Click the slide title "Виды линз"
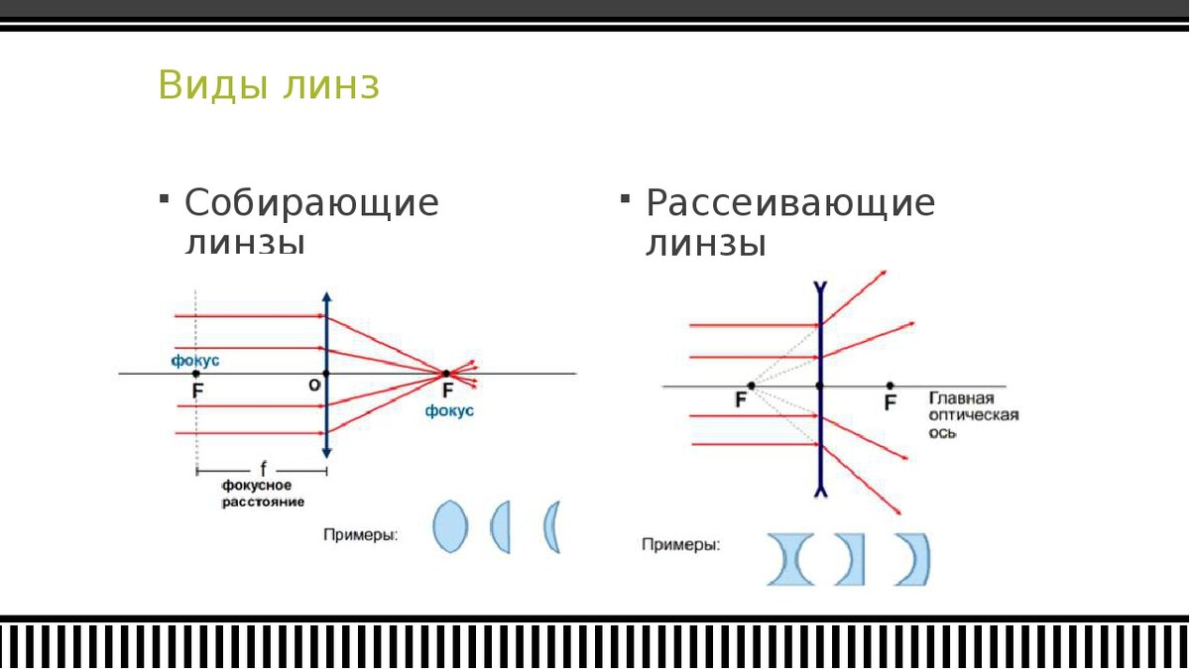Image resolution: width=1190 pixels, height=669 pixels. tap(268, 85)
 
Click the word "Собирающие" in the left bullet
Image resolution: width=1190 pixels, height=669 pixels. tap(311, 203)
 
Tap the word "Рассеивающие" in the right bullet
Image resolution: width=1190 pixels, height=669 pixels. tap(790, 203)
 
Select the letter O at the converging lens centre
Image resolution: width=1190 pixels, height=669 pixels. tap(313, 386)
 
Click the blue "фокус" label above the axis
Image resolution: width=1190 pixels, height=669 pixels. tap(195, 360)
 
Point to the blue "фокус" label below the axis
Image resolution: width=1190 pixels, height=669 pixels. tap(449, 410)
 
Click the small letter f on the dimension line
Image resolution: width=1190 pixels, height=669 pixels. tap(263, 465)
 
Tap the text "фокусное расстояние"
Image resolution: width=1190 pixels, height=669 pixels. tap(257, 494)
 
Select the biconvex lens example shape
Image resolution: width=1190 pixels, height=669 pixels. tap(449, 526)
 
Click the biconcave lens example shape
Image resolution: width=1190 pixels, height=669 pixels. tap(790, 560)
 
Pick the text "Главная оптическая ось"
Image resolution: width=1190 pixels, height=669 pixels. tap(972, 415)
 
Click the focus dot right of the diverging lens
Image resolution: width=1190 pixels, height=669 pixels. tap(890, 385)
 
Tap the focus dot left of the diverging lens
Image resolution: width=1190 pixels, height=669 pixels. tap(751, 385)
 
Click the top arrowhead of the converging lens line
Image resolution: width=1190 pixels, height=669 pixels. tap(326, 297)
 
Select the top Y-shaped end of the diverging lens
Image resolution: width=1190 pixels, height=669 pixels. tap(819, 290)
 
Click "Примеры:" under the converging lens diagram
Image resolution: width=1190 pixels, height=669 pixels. tap(361, 535)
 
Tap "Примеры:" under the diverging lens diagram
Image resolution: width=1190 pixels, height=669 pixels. tap(680, 544)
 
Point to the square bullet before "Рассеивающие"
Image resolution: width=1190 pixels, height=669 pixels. tap(625, 199)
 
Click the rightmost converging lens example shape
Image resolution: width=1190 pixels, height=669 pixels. tap(551, 526)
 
